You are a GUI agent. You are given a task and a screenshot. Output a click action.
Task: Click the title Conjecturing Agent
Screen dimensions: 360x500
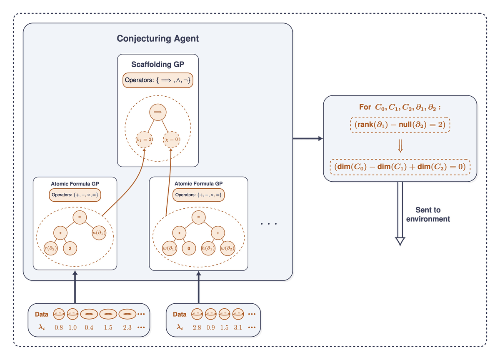pyautogui.click(x=157, y=39)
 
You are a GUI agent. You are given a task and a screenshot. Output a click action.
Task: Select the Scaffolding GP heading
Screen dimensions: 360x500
pyautogui.click(x=157, y=64)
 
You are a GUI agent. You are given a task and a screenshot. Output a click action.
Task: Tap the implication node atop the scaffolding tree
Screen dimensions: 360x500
pyautogui.click(x=157, y=112)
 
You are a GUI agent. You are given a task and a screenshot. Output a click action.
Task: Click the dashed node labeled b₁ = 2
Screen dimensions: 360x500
pyautogui.click(x=144, y=139)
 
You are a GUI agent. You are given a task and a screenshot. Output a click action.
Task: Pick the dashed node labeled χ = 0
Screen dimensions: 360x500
pyautogui.click(x=171, y=139)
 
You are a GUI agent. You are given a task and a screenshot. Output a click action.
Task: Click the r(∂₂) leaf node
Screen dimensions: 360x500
pyautogui.click(x=52, y=248)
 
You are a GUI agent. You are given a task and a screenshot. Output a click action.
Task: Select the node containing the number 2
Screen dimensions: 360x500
pyautogui.click(x=70, y=248)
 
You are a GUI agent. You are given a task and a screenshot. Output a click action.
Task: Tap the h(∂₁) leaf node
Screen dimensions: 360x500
pyautogui.click(x=208, y=248)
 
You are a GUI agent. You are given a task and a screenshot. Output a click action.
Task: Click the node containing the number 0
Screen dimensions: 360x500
pyautogui.click(x=189, y=248)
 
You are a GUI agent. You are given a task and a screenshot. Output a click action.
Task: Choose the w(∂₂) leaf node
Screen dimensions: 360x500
pyautogui.click(x=227, y=248)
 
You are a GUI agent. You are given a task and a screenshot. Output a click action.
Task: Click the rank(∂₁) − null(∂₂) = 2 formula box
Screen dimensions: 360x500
pyautogui.click(x=400, y=125)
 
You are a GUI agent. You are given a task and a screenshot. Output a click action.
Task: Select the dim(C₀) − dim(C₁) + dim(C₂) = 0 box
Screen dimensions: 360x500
pyautogui.click(x=400, y=167)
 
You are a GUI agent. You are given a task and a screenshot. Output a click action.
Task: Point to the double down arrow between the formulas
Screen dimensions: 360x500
pyautogui.click(x=400, y=146)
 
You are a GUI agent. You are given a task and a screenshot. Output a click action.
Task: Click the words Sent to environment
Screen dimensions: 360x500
pyautogui.click(x=428, y=214)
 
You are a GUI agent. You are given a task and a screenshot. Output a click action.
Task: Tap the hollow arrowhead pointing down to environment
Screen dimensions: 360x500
pyautogui.click(x=400, y=241)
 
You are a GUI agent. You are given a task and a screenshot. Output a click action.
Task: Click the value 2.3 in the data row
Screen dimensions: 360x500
pyautogui.click(x=127, y=327)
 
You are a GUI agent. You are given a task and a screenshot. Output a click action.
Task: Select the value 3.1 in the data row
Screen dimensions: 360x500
pyautogui.click(x=238, y=327)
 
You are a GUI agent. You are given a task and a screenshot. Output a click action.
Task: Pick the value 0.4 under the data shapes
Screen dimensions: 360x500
pyautogui.click(x=89, y=327)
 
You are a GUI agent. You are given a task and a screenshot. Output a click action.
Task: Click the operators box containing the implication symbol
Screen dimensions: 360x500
pyautogui.click(x=158, y=80)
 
